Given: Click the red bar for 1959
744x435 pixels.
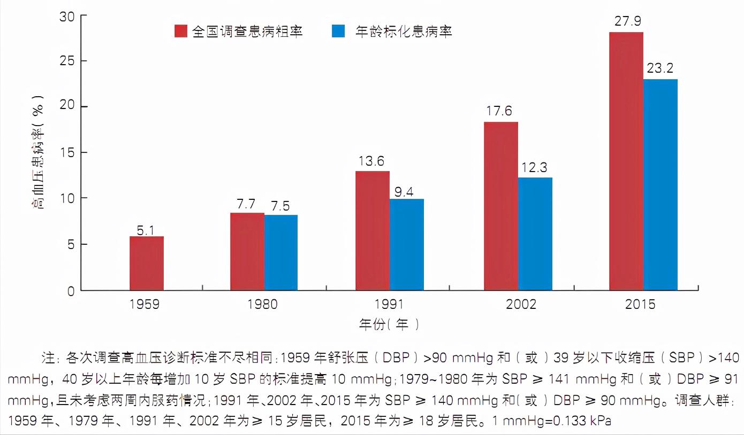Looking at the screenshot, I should (x=147, y=263).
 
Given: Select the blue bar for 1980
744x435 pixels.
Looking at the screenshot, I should (x=280, y=253).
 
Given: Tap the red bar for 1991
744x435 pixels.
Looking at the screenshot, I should (x=373, y=231).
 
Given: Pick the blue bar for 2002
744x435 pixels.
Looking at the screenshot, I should (x=535, y=234).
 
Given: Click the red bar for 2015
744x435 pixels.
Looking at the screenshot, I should (x=626, y=161).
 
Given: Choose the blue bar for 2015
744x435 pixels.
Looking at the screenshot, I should (x=661, y=185).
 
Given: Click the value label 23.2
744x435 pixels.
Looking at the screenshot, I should (x=660, y=68).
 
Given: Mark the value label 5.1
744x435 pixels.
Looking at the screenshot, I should (x=146, y=231).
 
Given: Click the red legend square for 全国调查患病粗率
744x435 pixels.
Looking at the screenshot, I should (x=181, y=31).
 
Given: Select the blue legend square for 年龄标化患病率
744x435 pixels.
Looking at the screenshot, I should (x=338, y=31).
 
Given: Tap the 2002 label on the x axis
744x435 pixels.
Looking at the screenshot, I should (x=521, y=305).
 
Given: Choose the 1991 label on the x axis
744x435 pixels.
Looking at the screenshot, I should (x=392, y=305).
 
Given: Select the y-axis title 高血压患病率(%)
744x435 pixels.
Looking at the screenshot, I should (x=39, y=152).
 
